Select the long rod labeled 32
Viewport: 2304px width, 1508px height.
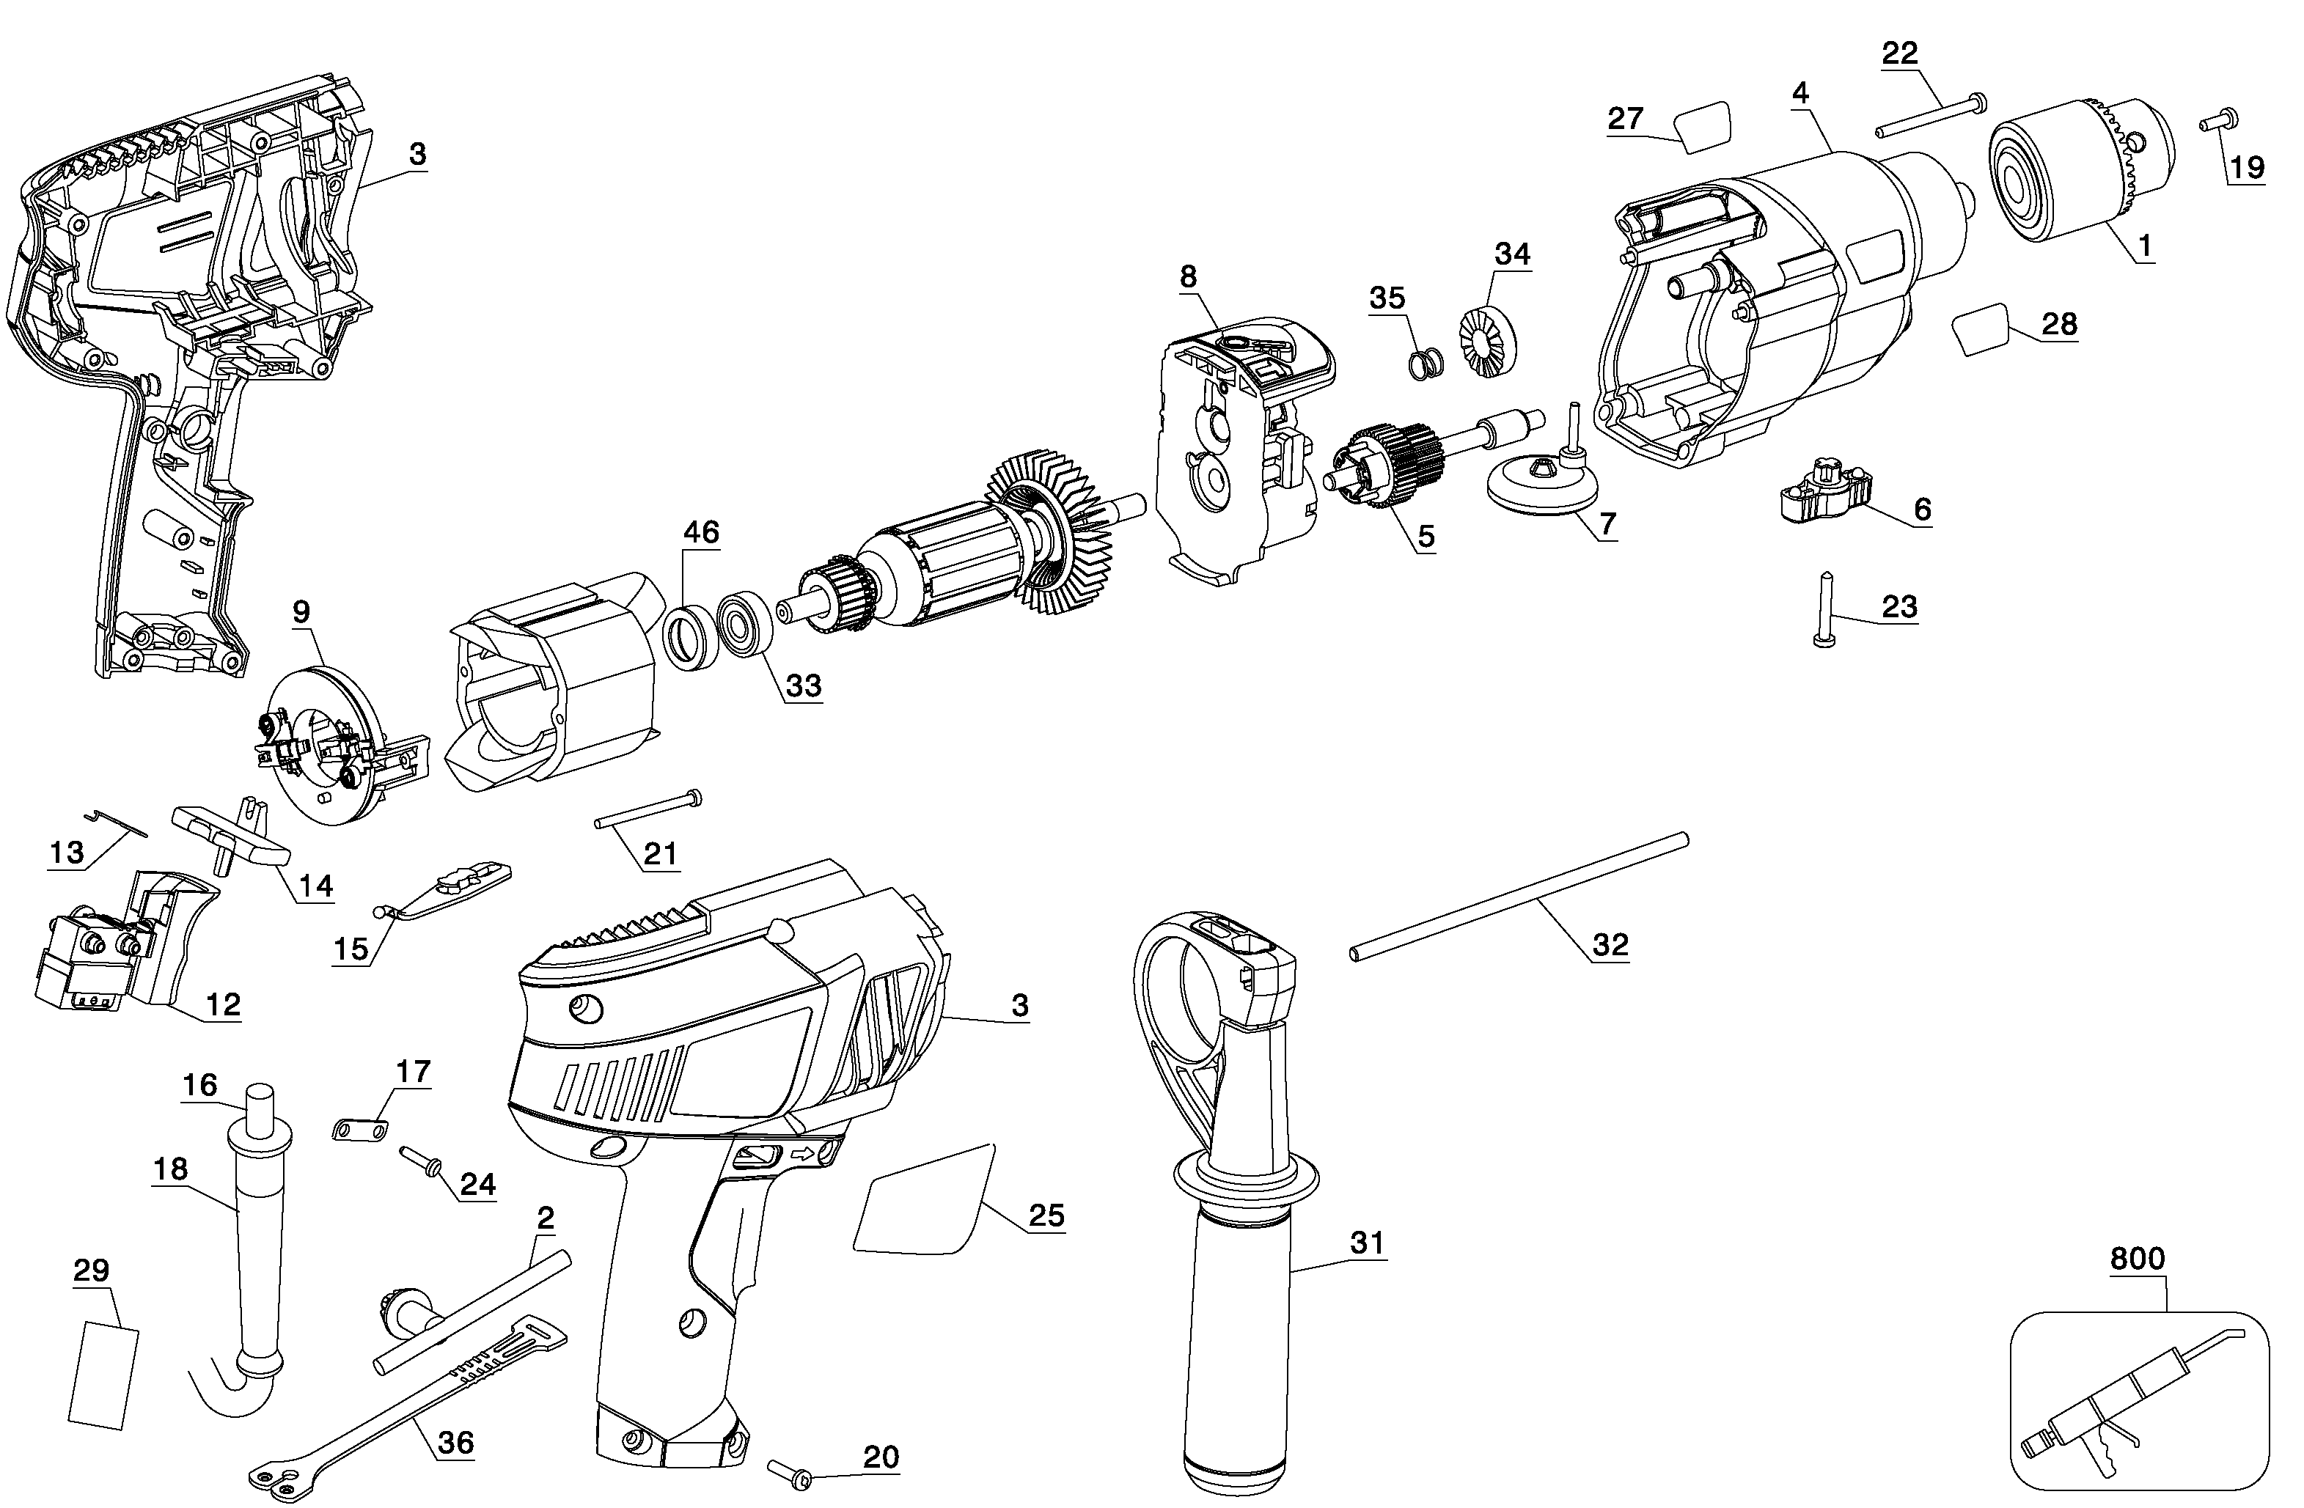(1519, 897)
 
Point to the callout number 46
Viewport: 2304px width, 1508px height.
(701, 532)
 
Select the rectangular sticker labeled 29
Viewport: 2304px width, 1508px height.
(103, 1375)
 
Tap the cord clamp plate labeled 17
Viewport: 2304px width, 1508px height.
(359, 1128)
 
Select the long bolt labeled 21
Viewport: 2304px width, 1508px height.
(647, 809)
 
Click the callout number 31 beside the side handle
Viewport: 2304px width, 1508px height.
(1367, 1242)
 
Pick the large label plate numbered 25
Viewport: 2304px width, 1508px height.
(925, 1200)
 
